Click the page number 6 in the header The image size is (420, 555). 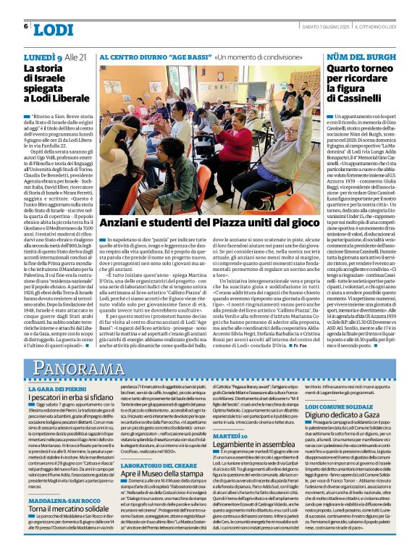pyautogui.click(x=26, y=27)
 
